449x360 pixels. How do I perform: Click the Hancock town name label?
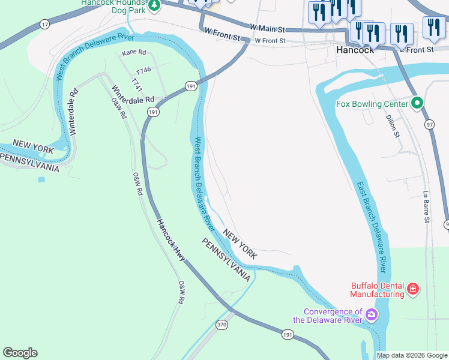[355, 50]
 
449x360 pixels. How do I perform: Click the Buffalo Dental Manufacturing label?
[378, 290]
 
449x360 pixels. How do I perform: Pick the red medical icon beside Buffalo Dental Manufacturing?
[413, 290]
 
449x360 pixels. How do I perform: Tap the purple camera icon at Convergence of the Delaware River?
[372, 314]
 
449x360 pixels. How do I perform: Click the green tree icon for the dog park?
[154, 5]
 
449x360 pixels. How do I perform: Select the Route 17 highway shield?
[44, 24]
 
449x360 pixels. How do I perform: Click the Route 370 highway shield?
[222, 325]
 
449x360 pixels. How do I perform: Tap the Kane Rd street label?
[134, 53]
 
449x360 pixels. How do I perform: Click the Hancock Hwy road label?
[172, 241]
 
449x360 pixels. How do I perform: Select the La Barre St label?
[426, 207]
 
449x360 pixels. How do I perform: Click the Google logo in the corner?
[20, 353]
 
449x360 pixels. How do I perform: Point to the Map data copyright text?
[412, 355]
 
